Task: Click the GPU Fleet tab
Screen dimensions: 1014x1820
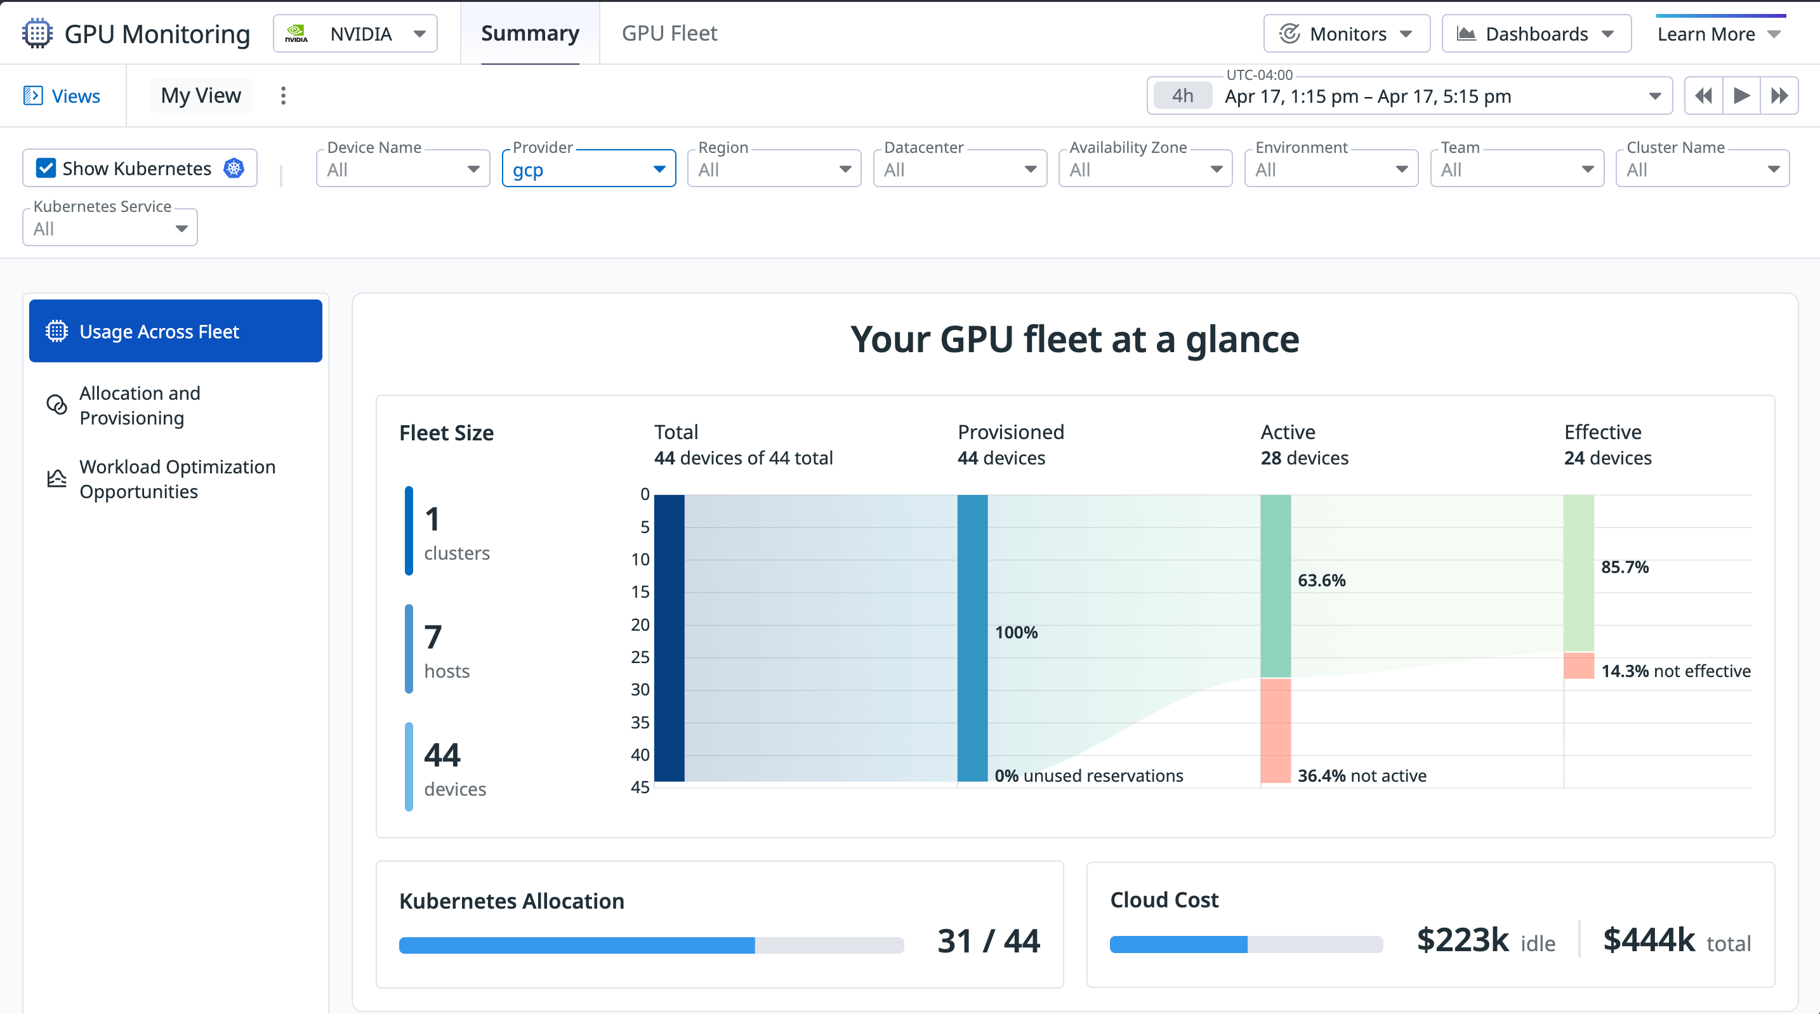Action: (668, 33)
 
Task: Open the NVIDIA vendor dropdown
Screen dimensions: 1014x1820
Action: (355, 34)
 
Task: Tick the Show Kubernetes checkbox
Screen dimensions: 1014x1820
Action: (46, 168)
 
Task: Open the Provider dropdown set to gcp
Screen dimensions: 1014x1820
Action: (588, 169)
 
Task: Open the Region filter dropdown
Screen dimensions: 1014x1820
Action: (774, 169)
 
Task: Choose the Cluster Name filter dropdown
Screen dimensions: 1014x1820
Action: (1701, 169)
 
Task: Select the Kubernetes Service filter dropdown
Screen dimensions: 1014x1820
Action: (110, 228)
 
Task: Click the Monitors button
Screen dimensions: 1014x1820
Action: (1346, 34)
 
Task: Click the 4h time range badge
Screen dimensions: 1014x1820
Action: (1182, 96)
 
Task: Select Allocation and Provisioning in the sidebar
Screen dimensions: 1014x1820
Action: (140, 405)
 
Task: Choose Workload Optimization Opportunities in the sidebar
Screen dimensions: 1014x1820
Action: (176, 479)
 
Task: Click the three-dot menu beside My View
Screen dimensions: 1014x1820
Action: (283, 95)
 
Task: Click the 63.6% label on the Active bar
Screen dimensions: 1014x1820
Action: (1321, 580)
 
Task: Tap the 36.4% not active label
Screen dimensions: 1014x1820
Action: (1361, 775)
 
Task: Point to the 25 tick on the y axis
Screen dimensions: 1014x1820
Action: (640, 657)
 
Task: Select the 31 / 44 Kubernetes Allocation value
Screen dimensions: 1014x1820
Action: (987, 940)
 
